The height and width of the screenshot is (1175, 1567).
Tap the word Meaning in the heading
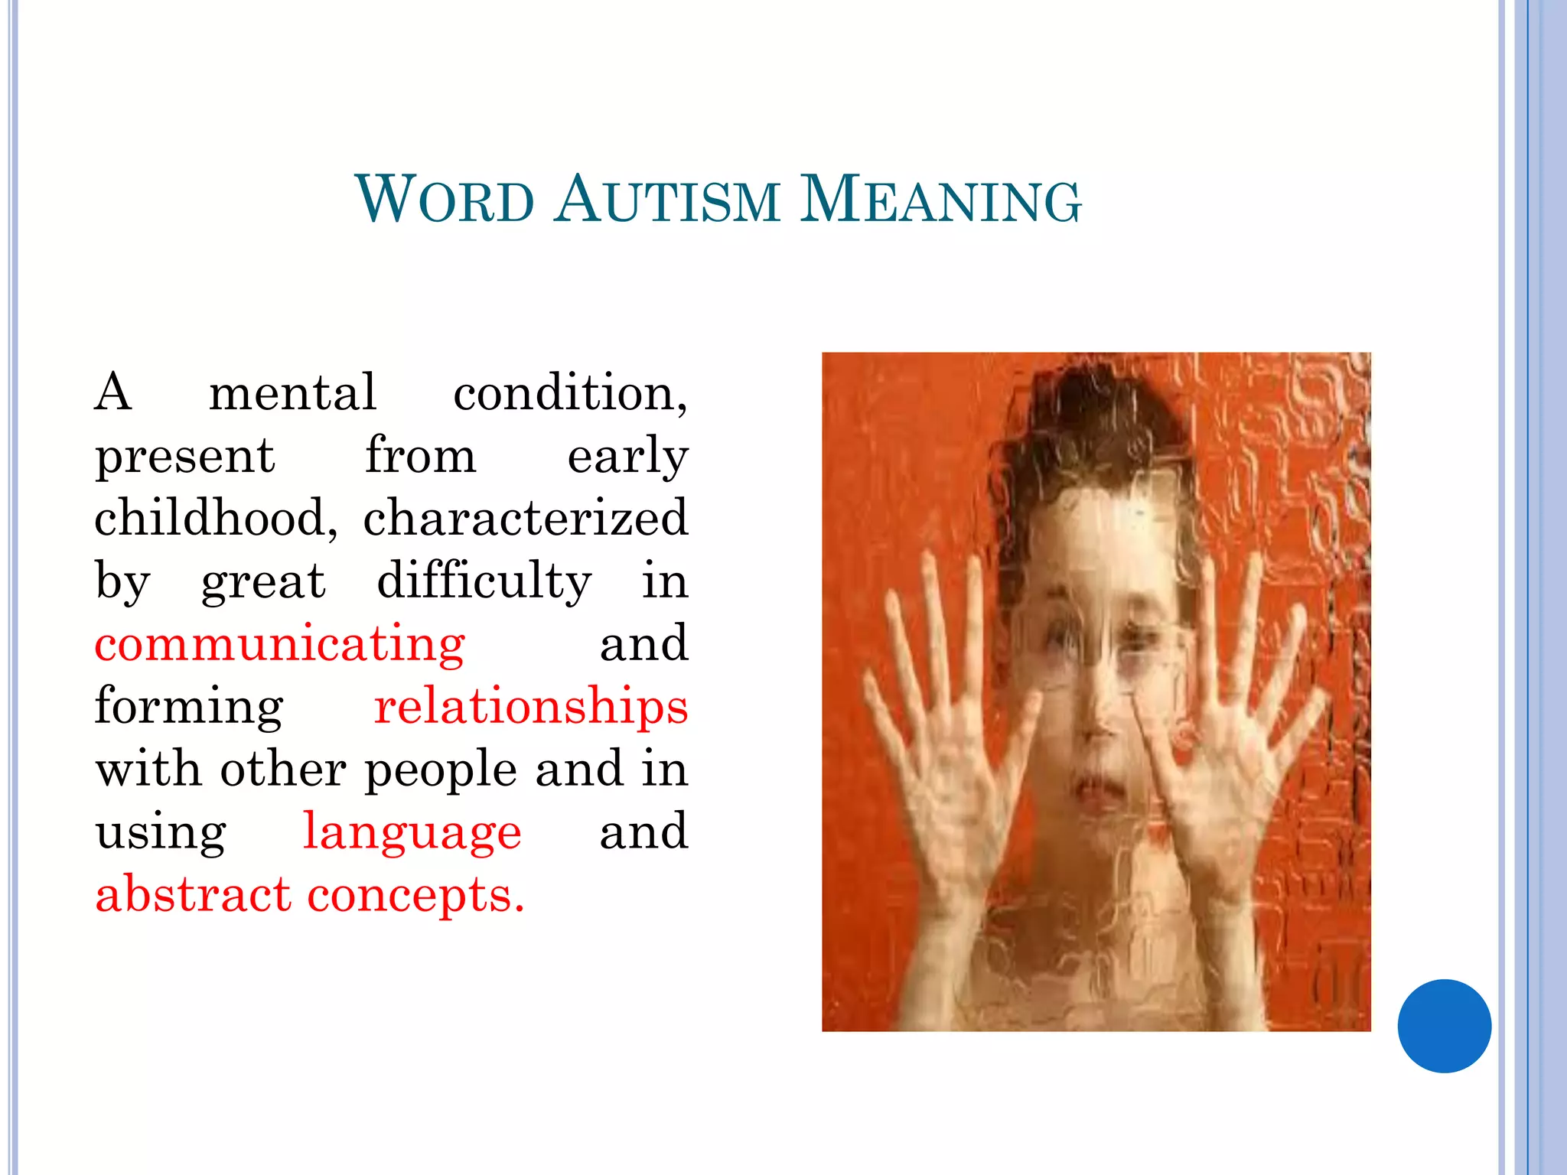coord(940,200)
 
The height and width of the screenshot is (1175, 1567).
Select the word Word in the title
coord(445,200)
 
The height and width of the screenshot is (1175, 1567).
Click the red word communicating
coord(279,643)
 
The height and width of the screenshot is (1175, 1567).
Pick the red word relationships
coord(530,706)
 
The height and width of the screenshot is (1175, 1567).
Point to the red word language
coord(412,832)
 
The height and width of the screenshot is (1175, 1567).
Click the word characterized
coord(526,518)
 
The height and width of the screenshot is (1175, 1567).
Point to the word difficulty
coord(484,581)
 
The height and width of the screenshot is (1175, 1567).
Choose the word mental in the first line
coord(292,392)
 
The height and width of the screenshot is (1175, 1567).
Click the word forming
coord(189,708)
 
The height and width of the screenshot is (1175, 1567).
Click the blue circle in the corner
coord(1444,1026)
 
